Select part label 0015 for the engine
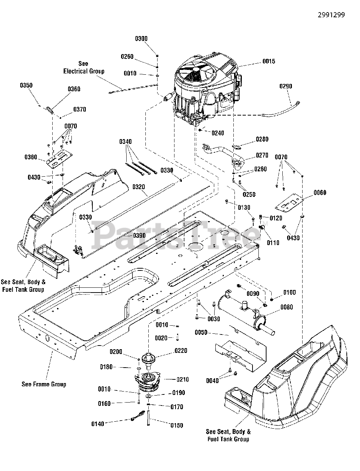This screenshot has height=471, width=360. coord(269,61)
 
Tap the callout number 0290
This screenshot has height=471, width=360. coord(286,86)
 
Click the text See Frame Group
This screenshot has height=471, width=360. coord(44,384)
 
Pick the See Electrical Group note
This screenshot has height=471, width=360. coord(84,68)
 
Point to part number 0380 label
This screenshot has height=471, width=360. coord(31,157)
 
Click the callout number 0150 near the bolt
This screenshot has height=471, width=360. coord(177,425)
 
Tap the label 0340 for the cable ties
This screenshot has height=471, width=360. coord(125,142)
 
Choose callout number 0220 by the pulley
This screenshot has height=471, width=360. coord(181,351)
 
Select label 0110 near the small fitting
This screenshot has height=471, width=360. coord(273,242)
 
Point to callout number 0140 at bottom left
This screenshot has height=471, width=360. coord(98,424)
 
